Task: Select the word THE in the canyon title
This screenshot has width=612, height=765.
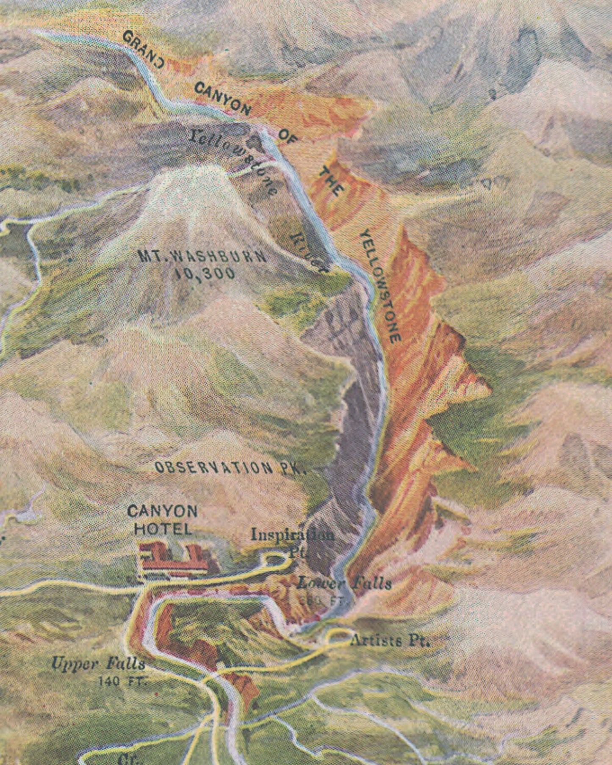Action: click(x=330, y=181)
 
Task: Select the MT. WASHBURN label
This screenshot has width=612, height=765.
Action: click(x=202, y=257)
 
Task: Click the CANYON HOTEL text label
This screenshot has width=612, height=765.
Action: click(x=162, y=519)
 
